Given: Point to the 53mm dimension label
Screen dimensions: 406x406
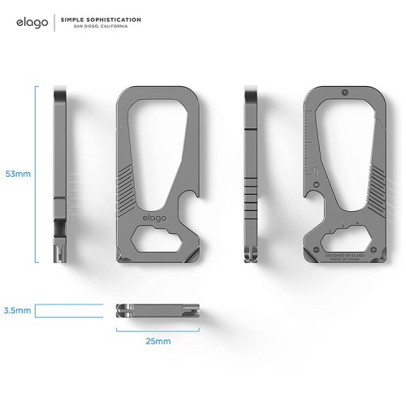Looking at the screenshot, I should coord(17,174).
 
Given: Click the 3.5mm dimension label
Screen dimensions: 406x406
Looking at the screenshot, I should coord(17,310).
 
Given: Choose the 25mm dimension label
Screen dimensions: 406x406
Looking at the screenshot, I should coord(157,341).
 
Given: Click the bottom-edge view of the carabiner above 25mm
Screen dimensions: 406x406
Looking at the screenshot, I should coord(156,310).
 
